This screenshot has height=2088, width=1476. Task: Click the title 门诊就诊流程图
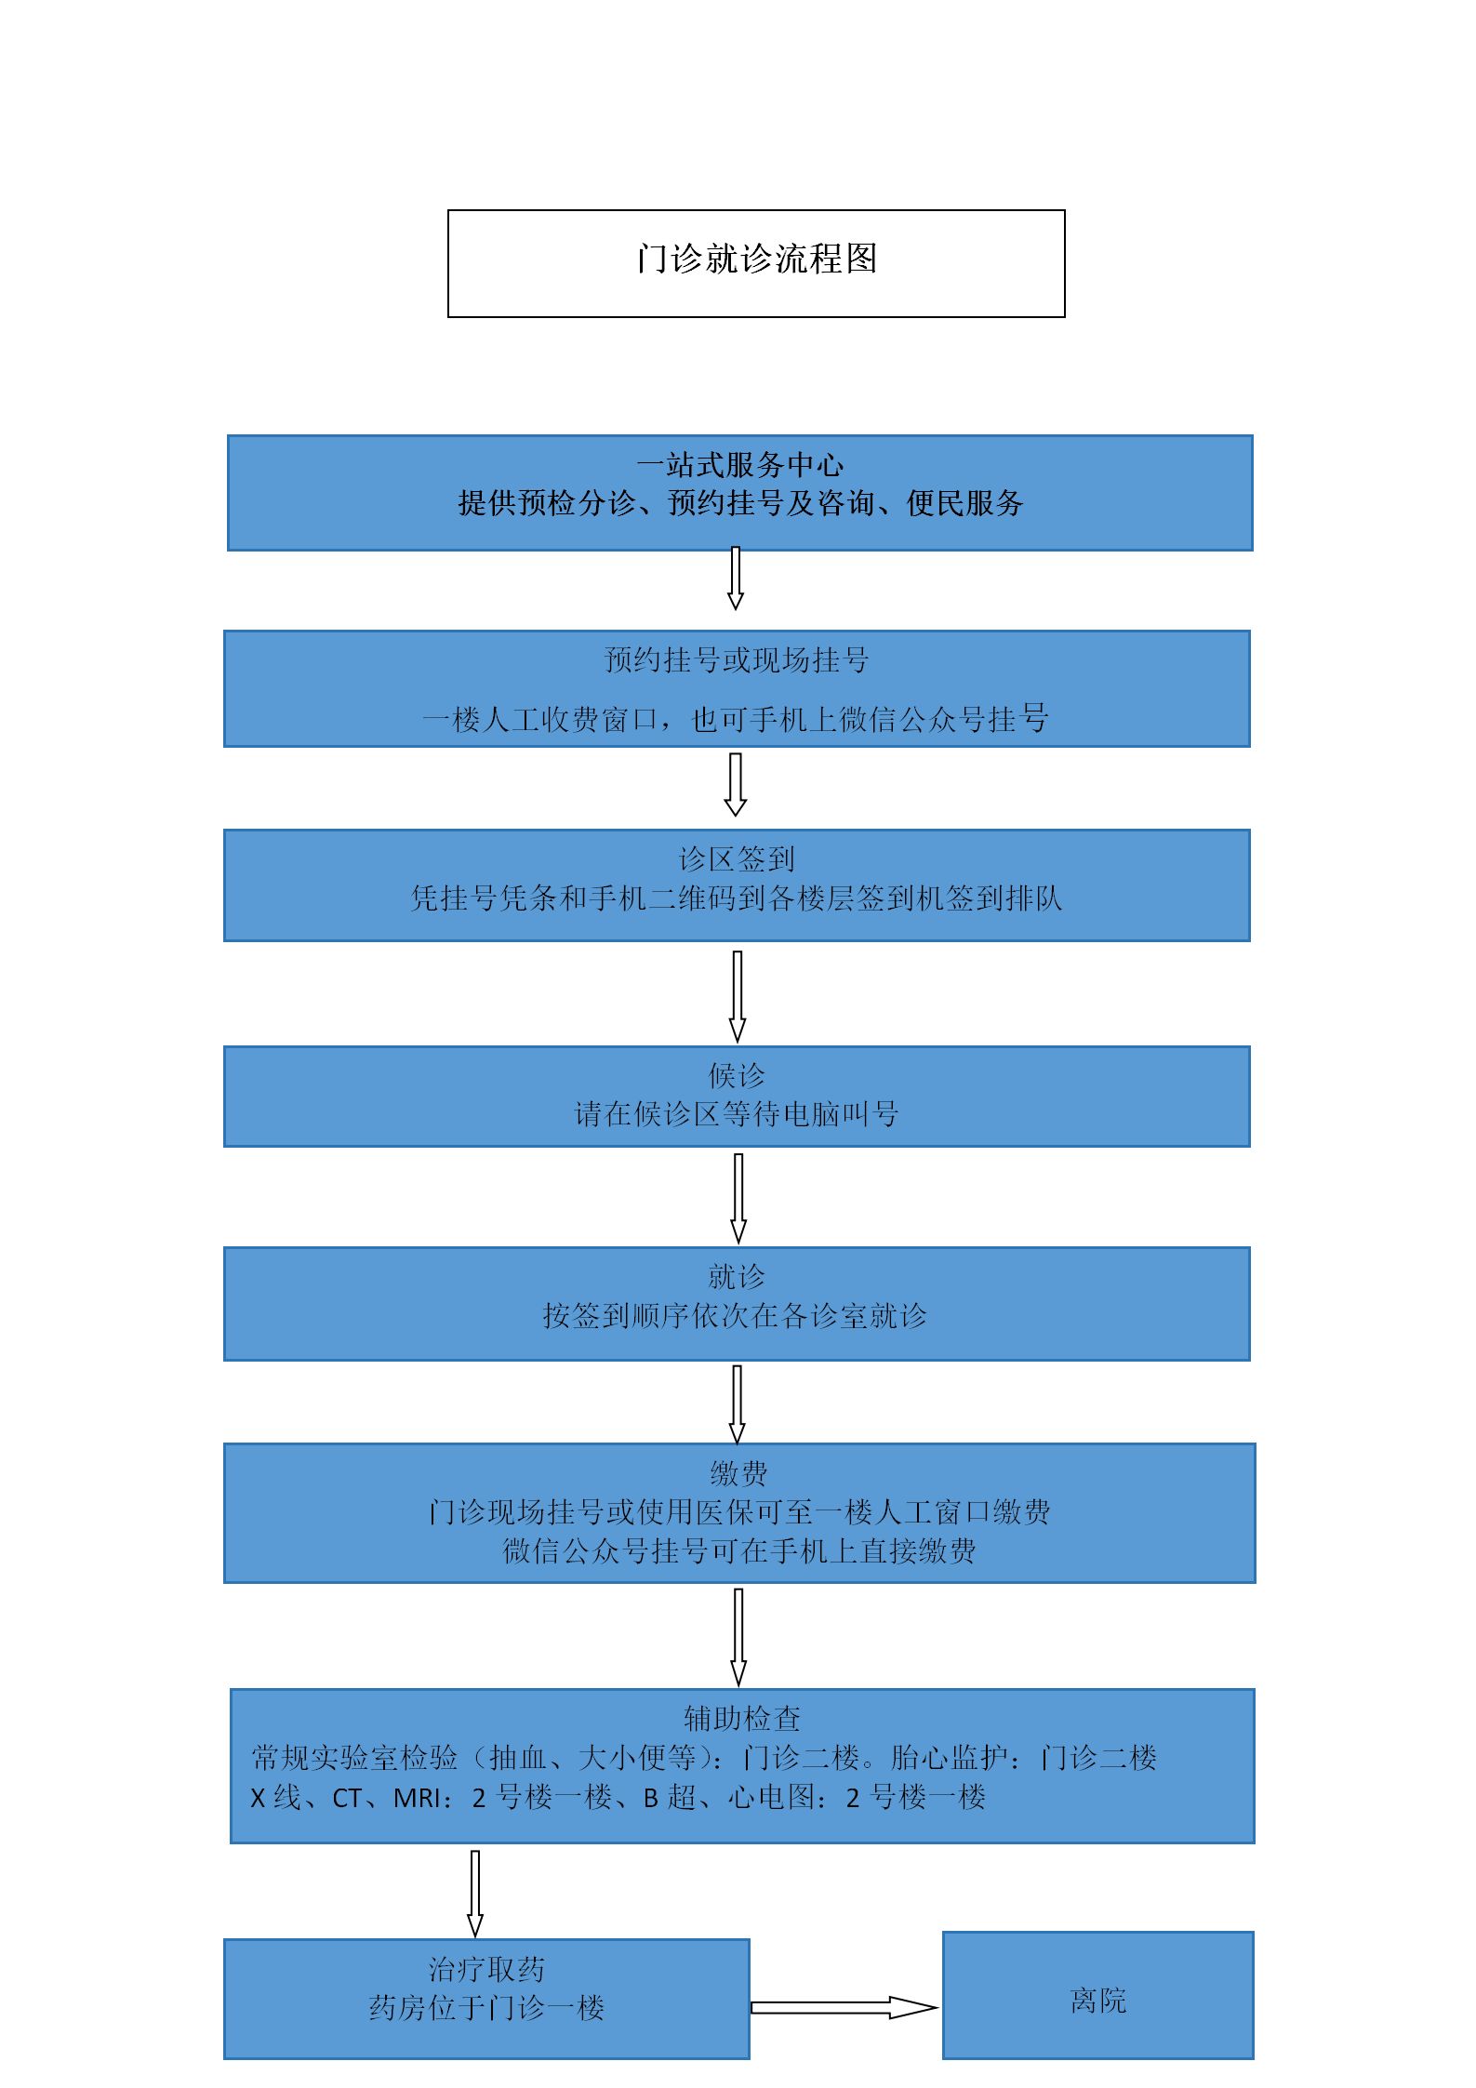point(757,259)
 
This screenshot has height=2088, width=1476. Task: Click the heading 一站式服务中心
point(740,464)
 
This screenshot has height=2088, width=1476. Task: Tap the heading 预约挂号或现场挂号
point(737,659)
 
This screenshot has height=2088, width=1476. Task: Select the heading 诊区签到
point(737,858)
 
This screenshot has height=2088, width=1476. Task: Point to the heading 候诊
point(737,1075)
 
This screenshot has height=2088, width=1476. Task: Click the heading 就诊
point(737,1276)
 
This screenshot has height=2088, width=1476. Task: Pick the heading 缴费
point(739,1473)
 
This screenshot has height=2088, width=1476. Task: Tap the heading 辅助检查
point(742,1719)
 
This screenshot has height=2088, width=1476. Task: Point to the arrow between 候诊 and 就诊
point(738,1198)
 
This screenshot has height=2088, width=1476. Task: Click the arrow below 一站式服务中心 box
point(736,579)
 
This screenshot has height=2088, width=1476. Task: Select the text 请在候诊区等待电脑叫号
point(737,1113)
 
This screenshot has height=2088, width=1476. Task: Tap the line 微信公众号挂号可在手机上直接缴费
point(739,1550)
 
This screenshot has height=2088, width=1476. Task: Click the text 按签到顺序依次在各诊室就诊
point(735,1315)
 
